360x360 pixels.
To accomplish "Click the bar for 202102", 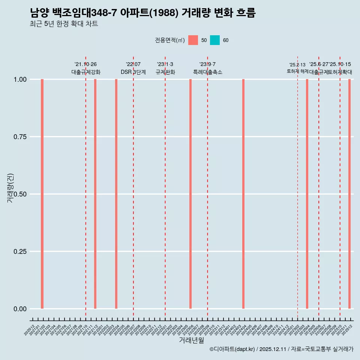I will (x=42, y=194).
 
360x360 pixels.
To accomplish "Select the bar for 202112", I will (x=95, y=194).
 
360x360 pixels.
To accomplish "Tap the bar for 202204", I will (x=116, y=194).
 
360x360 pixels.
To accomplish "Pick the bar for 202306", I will (x=190, y=194).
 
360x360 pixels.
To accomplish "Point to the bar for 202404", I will (x=243, y=194).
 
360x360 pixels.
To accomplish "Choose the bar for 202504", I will (x=307, y=194).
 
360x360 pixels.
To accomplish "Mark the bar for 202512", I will (x=349, y=194).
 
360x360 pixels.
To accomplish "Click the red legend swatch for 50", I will (x=193, y=40).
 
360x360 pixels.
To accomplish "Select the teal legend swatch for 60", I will (x=215, y=40).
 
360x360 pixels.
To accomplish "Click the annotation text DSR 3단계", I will (x=133, y=72).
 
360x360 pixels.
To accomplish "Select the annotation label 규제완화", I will (x=165, y=72).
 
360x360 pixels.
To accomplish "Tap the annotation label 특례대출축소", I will (x=208, y=72).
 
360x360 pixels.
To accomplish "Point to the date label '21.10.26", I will (x=85, y=64).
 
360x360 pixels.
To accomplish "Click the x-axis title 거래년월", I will (x=191, y=340).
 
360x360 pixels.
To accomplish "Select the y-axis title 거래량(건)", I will (x=10, y=188).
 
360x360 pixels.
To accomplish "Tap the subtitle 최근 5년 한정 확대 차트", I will (x=64, y=24).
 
